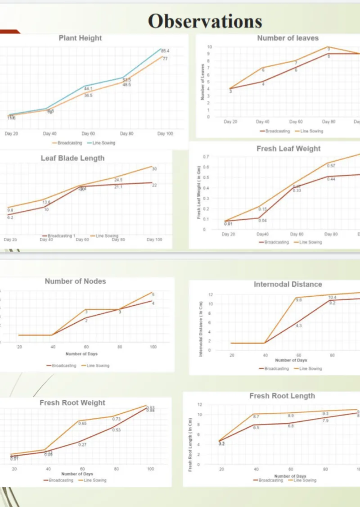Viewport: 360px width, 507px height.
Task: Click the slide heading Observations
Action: pyautogui.click(x=205, y=21)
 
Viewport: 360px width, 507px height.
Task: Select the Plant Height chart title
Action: pyautogui.click(x=80, y=38)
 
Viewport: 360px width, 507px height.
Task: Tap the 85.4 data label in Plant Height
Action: pyautogui.click(x=165, y=51)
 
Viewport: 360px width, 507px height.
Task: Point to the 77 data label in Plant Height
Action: pyautogui.click(x=165, y=59)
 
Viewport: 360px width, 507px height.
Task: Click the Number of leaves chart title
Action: pyautogui.click(x=288, y=38)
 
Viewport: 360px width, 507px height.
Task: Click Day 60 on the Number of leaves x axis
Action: pyautogui.click(x=296, y=122)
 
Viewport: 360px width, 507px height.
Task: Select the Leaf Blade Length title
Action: pyautogui.click(x=72, y=158)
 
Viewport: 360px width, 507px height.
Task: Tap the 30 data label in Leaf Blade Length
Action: pyautogui.click(x=154, y=169)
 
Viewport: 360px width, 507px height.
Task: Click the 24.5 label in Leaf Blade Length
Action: pyautogui.click(x=118, y=180)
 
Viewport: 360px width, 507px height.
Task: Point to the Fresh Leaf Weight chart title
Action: pyautogui.click(x=288, y=149)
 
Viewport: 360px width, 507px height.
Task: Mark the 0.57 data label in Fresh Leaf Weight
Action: pyautogui.click(x=331, y=166)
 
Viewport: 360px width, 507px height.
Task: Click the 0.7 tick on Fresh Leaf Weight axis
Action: pyautogui.click(x=205, y=157)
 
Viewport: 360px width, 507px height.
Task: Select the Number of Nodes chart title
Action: pyautogui.click(x=75, y=281)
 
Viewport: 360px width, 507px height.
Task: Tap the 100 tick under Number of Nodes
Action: pyautogui.click(x=153, y=347)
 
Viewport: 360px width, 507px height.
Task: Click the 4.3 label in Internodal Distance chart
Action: pyautogui.click(x=299, y=326)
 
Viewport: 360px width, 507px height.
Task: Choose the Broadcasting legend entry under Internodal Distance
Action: pyautogui.click(x=274, y=368)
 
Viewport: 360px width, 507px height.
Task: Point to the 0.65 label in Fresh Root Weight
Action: pyautogui.click(x=83, y=424)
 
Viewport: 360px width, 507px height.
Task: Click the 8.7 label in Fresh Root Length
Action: pyautogui.click(x=256, y=416)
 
